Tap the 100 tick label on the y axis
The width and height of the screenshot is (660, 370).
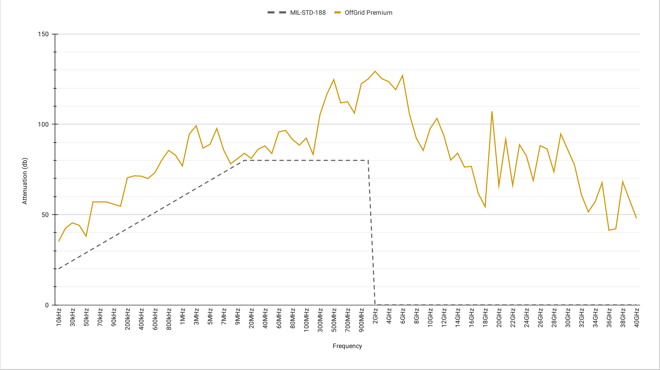point(43,124)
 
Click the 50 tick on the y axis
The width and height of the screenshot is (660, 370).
point(45,215)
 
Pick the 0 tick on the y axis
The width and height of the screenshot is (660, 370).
point(47,305)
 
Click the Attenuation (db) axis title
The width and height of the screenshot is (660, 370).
point(25,181)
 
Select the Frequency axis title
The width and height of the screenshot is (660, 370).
point(347,346)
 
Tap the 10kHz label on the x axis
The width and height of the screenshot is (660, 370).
point(59,317)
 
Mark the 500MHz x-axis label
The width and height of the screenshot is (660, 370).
point(334,319)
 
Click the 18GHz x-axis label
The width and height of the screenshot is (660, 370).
point(485,317)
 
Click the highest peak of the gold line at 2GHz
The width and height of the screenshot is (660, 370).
point(375,71)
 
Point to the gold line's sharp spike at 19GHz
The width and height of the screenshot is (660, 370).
point(492,112)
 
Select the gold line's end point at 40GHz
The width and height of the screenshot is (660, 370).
point(636,218)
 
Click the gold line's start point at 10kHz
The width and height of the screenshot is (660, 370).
point(59,241)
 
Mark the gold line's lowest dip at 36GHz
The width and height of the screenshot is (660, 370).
point(609,230)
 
